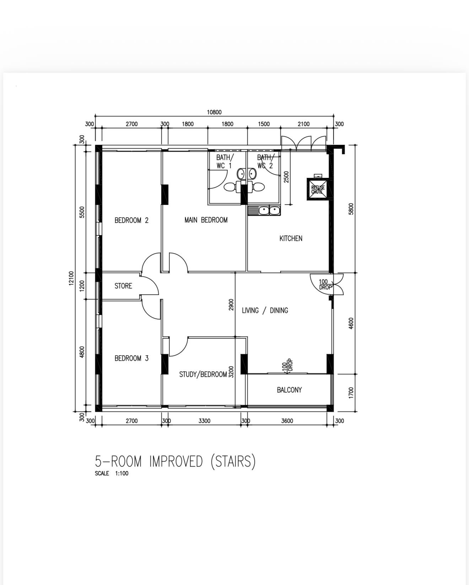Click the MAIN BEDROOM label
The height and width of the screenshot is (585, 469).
tap(206, 220)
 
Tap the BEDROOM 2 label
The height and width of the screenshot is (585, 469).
tap(131, 220)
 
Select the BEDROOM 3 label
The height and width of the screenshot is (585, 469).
tap(131, 359)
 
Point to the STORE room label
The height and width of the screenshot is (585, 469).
tap(123, 286)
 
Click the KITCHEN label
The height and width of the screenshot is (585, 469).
tap(291, 239)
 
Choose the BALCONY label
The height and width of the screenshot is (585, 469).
tap(289, 390)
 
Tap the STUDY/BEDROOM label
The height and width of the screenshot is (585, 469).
tap(203, 374)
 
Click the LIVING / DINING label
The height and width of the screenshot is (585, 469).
tap(265, 311)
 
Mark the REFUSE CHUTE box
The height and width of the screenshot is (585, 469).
tap(318, 190)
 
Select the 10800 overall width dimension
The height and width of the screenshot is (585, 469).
tap(214, 112)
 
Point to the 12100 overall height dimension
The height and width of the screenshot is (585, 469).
tap(71, 278)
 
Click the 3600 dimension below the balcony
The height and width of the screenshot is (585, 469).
tap(287, 421)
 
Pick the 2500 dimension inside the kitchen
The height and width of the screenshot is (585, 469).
tap(286, 177)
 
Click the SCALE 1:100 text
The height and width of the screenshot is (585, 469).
tap(112, 473)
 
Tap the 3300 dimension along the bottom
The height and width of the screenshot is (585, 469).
tap(204, 421)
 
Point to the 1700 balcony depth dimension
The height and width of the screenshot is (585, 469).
tap(351, 393)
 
